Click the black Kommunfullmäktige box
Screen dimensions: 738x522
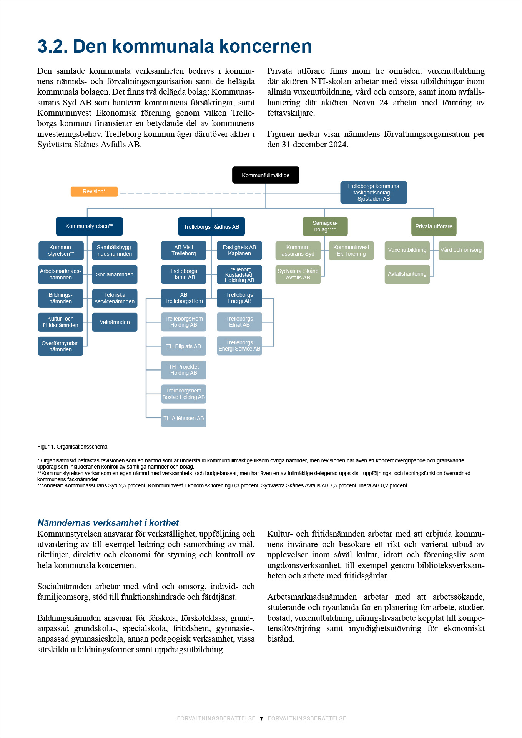266,175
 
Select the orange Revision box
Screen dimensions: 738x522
94,191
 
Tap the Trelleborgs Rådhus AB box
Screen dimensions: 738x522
211,226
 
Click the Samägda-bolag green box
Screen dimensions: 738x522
325,226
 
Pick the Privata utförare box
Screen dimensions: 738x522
434,226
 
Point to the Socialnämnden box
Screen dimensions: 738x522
115,274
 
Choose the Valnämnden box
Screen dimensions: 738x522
115,322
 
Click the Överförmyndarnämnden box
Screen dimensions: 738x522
60,346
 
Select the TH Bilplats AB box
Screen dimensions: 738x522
184,346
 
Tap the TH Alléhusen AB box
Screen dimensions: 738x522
184,418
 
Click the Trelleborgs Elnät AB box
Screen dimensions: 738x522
239,322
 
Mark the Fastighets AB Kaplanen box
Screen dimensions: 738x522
239,250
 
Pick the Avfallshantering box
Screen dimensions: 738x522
407,274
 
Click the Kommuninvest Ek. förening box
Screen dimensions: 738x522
351,250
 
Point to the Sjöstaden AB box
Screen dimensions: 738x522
374,192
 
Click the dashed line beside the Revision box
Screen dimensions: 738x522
192,193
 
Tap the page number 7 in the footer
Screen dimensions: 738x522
261,719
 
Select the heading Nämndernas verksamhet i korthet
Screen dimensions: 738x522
108,523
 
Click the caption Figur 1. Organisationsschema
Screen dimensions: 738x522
72,447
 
